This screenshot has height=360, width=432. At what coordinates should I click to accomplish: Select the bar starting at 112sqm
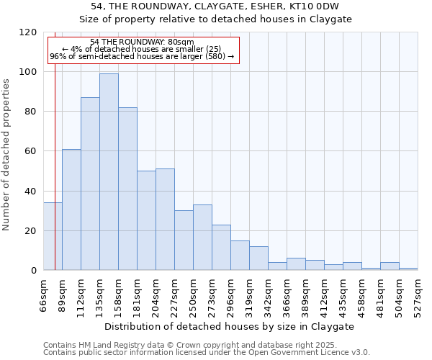click(x=90, y=184)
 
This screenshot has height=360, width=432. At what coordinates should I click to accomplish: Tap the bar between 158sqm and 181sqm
click(x=127, y=189)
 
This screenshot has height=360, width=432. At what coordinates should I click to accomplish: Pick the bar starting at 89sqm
click(x=71, y=210)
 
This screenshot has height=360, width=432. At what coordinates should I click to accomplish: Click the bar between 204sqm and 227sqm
click(x=165, y=220)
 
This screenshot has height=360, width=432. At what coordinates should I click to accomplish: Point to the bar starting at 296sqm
click(x=240, y=256)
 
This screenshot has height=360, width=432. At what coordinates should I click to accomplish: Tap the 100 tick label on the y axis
click(x=28, y=72)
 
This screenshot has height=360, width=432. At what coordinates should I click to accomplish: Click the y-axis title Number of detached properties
click(x=6, y=155)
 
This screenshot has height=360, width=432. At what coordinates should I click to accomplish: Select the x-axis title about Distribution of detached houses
click(x=230, y=326)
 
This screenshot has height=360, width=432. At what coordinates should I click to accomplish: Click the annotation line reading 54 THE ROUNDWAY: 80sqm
click(x=142, y=42)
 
